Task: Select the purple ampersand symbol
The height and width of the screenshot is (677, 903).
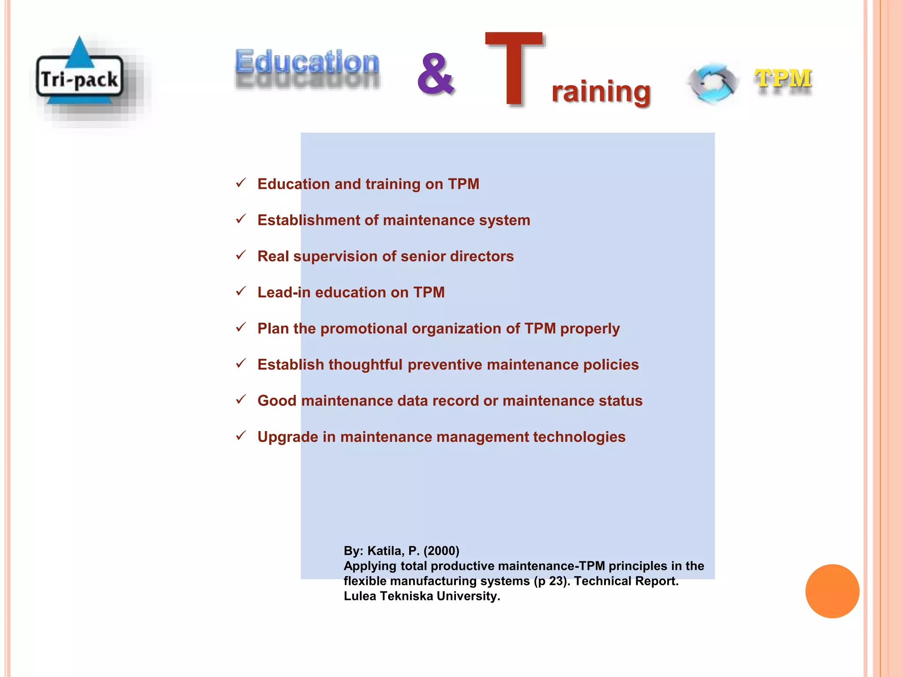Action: click(435, 74)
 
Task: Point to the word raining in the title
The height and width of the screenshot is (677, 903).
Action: click(601, 92)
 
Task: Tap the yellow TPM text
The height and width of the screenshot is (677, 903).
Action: click(783, 79)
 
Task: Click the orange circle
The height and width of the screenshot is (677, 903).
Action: click(832, 591)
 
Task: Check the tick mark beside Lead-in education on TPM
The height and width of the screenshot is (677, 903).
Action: click(241, 291)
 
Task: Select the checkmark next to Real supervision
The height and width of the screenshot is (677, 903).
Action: click(241, 255)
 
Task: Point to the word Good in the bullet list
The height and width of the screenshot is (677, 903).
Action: click(277, 401)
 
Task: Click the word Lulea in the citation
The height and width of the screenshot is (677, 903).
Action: click(360, 596)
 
